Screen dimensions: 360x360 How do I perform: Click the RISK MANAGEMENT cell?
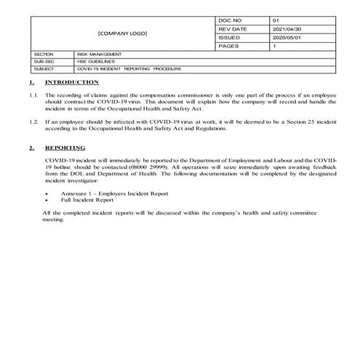100,55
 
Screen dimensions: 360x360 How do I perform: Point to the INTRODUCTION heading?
71,83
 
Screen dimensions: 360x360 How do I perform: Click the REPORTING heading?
65,148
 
